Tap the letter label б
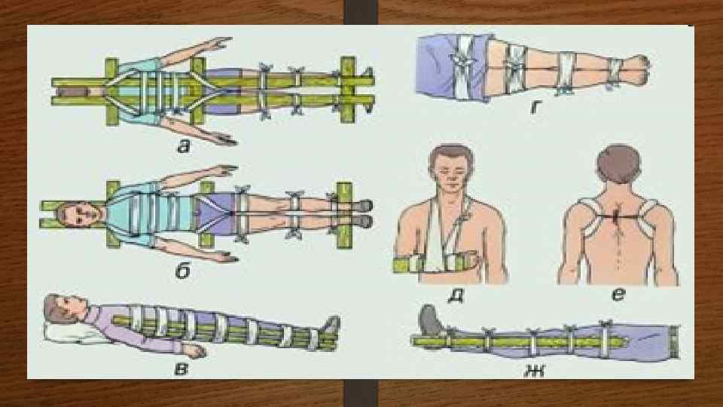pyautogui.click(x=183, y=271)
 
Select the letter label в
pyautogui.click(x=182, y=369)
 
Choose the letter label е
pyautogui.click(x=618, y=294)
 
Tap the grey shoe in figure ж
pyautogui.click(x=431, y=320)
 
